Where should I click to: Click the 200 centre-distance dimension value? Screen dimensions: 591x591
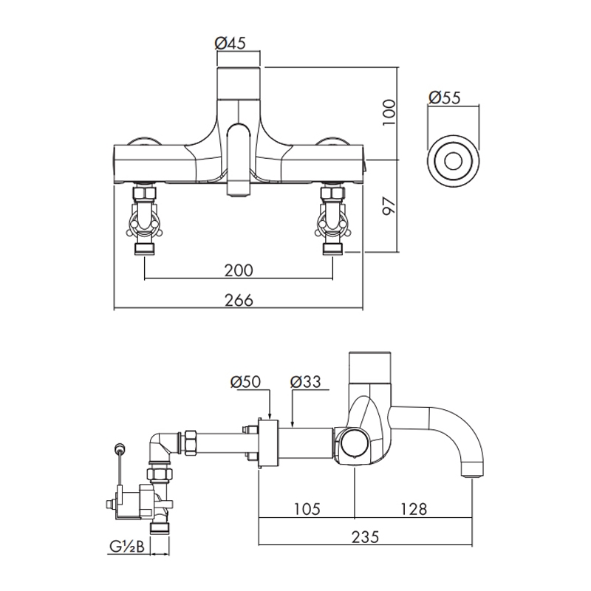click(x=238, y=270)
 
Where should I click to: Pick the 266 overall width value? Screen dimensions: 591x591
click(x=238, y=300)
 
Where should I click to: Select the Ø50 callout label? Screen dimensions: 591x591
click(x=245, y=382)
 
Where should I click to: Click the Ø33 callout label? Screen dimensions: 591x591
click(x=304, y=382)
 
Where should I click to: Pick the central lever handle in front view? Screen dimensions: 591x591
click(x=238, y=159)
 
